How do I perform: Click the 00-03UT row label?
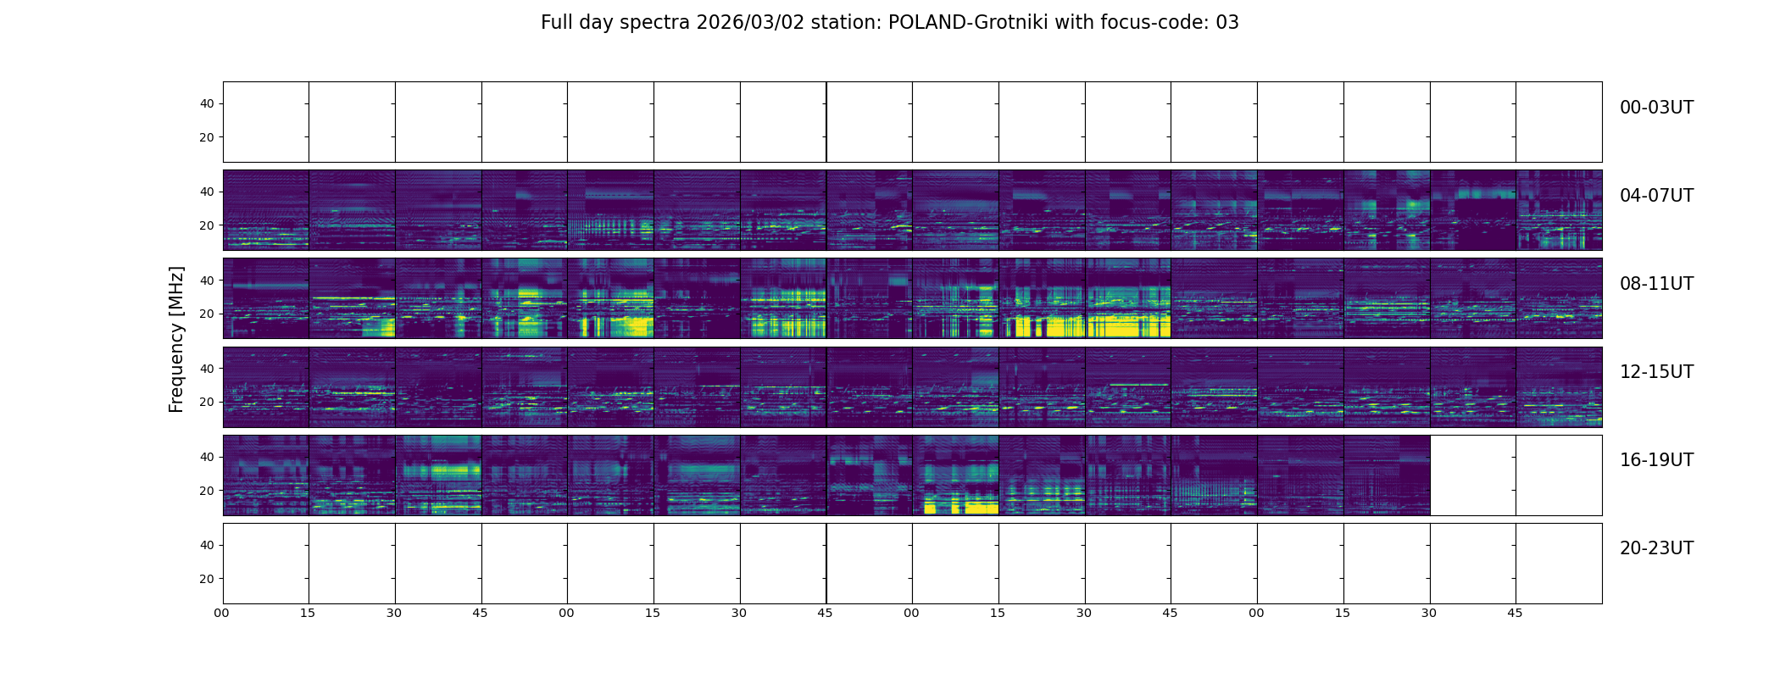coord(1656,108)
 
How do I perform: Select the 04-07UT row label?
coord(1656,196)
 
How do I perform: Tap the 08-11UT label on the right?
coord(1656,284)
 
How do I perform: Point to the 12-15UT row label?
coord(1656,372)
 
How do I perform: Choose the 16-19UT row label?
coord(1656,460)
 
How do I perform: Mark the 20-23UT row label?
coord(1656,548)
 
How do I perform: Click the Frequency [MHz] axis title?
coord(176,339)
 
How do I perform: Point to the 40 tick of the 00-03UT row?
coord(207,104)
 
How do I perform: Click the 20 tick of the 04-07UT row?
coord(207,226)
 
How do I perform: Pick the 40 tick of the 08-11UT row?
coord(207,281)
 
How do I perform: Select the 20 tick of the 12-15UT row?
coord(207,403)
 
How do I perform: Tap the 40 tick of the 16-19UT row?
coord(207,458)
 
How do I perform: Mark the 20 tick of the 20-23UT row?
coord(207,579)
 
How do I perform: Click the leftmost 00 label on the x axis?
coord(222,613)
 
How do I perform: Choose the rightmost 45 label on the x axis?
coord(1515,613)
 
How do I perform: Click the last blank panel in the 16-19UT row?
coord(1559,475)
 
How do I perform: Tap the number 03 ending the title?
coord(1227,23)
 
